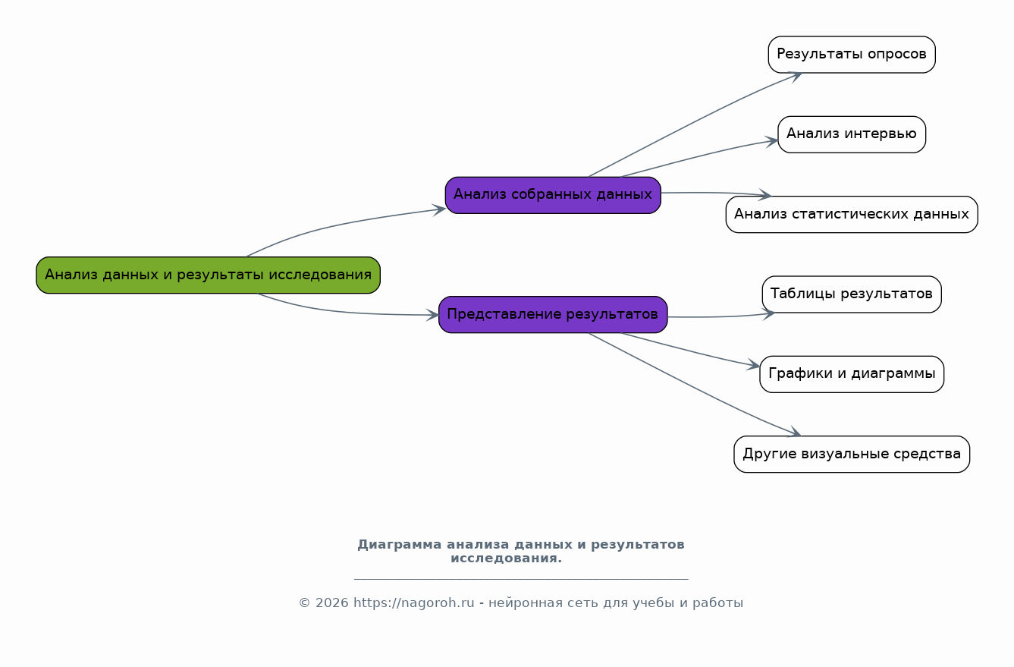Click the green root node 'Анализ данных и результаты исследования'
pos(208,275)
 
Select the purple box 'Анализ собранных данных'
pos(553,195)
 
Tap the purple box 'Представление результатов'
pos(553,314)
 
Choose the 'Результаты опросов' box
pos(851,55)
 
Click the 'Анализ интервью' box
pos(851,134)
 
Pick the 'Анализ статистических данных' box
pos(851,214)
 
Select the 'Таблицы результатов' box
pos(851,294)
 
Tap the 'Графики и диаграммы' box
pos(851,374)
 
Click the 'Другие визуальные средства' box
pos(851,454)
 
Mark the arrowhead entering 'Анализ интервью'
pos(773,140)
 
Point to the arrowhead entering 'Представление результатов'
pos(433,314)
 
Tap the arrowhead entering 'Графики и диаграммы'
pos(755,367)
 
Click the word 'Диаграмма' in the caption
pos(399,545)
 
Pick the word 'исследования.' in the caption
pos(506,558)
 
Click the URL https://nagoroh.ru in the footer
pos(413,603)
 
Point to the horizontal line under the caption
pos(521,579)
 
